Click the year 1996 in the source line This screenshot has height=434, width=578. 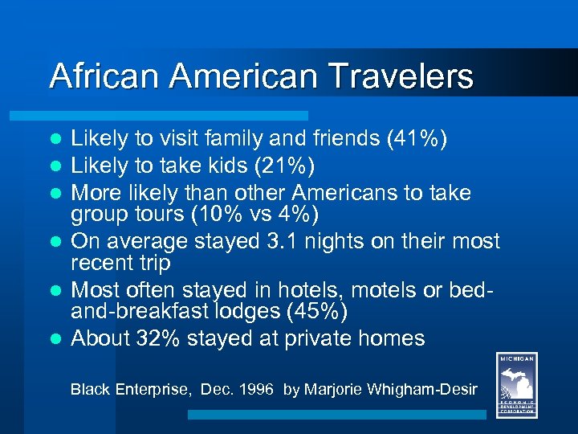(x=259, y=390)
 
